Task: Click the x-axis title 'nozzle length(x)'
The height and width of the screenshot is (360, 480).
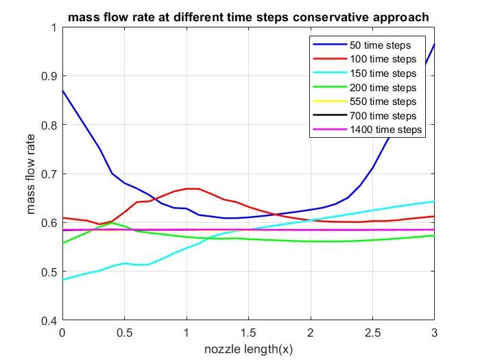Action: (248, 349)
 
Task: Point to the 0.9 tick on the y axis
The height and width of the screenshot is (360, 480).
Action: (49, 76)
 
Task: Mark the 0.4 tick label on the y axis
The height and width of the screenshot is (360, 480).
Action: (49, 320)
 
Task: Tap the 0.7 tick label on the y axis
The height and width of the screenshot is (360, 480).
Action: (49, 173)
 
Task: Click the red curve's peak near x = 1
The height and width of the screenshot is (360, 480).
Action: (192, 188)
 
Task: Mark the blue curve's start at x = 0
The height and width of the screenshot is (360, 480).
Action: (62, 91)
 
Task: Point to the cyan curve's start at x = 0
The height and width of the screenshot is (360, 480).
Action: (62, 279)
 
